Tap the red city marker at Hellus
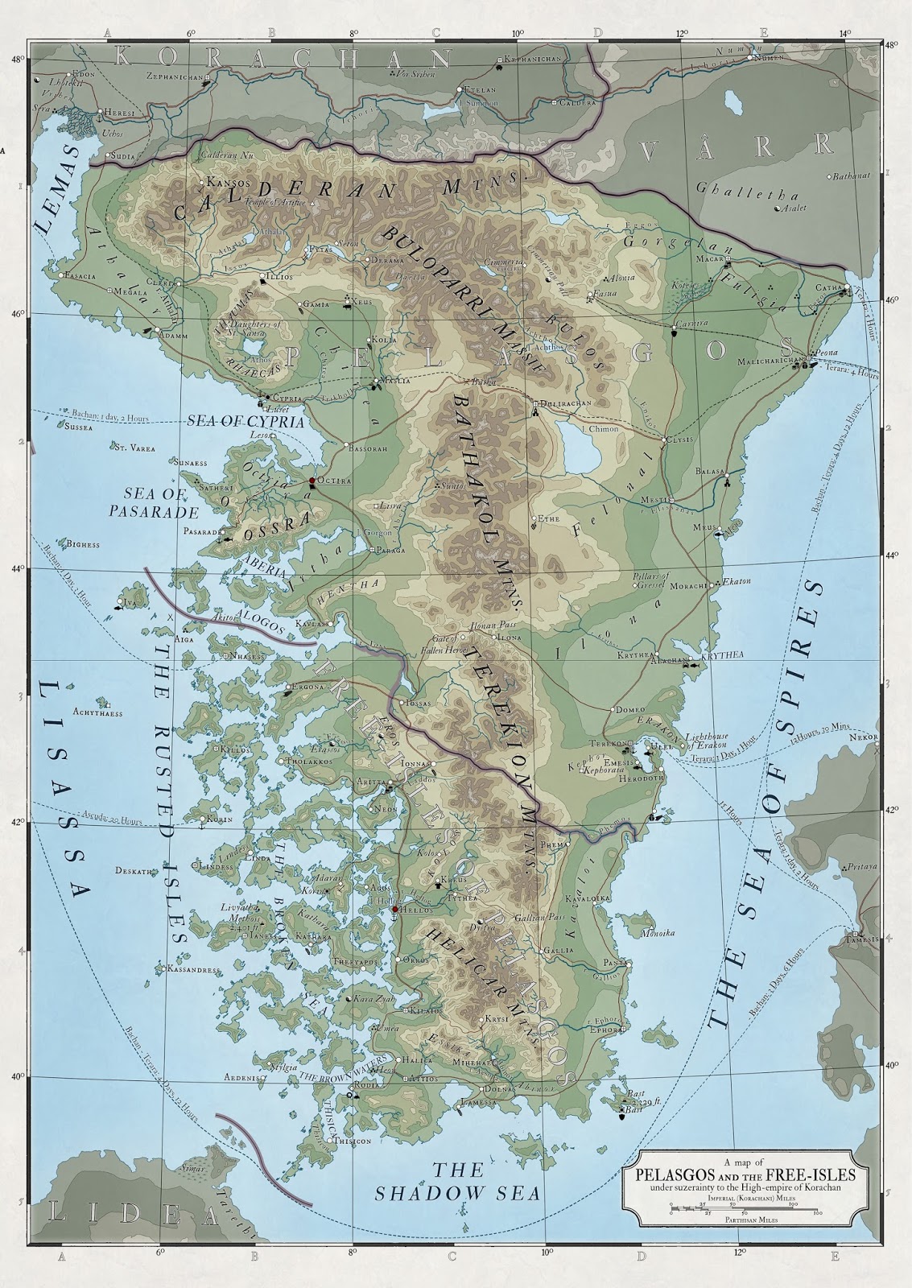[x=394, y=909]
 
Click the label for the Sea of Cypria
[x=246, y=421]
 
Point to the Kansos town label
[x=229, y=183]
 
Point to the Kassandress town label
[x=192, y=970]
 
